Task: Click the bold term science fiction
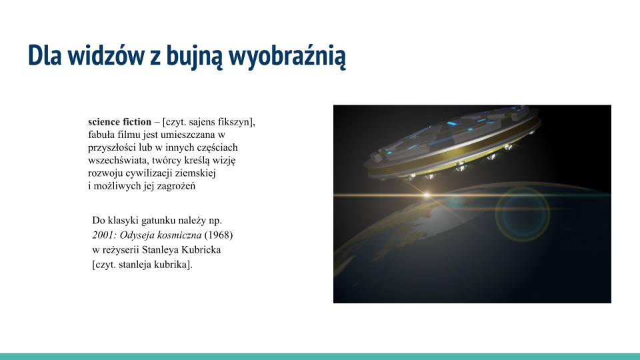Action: (119, 122)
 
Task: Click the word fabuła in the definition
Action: (101, 135)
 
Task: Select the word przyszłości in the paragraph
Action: (110, 147)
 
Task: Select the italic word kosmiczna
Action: (179, 235)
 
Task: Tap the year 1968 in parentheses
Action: (219, 235)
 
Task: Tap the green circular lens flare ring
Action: (521, 212)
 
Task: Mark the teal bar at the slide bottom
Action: (320, 356)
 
